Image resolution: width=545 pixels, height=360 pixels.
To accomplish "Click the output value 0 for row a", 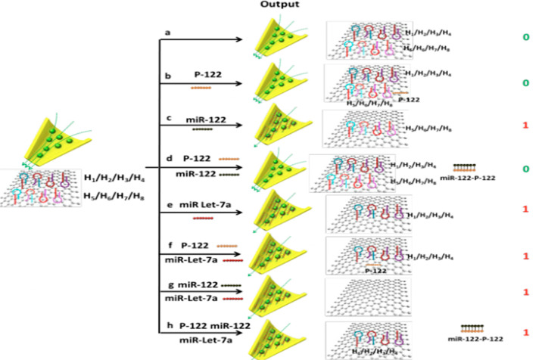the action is (x=524, y=37).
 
